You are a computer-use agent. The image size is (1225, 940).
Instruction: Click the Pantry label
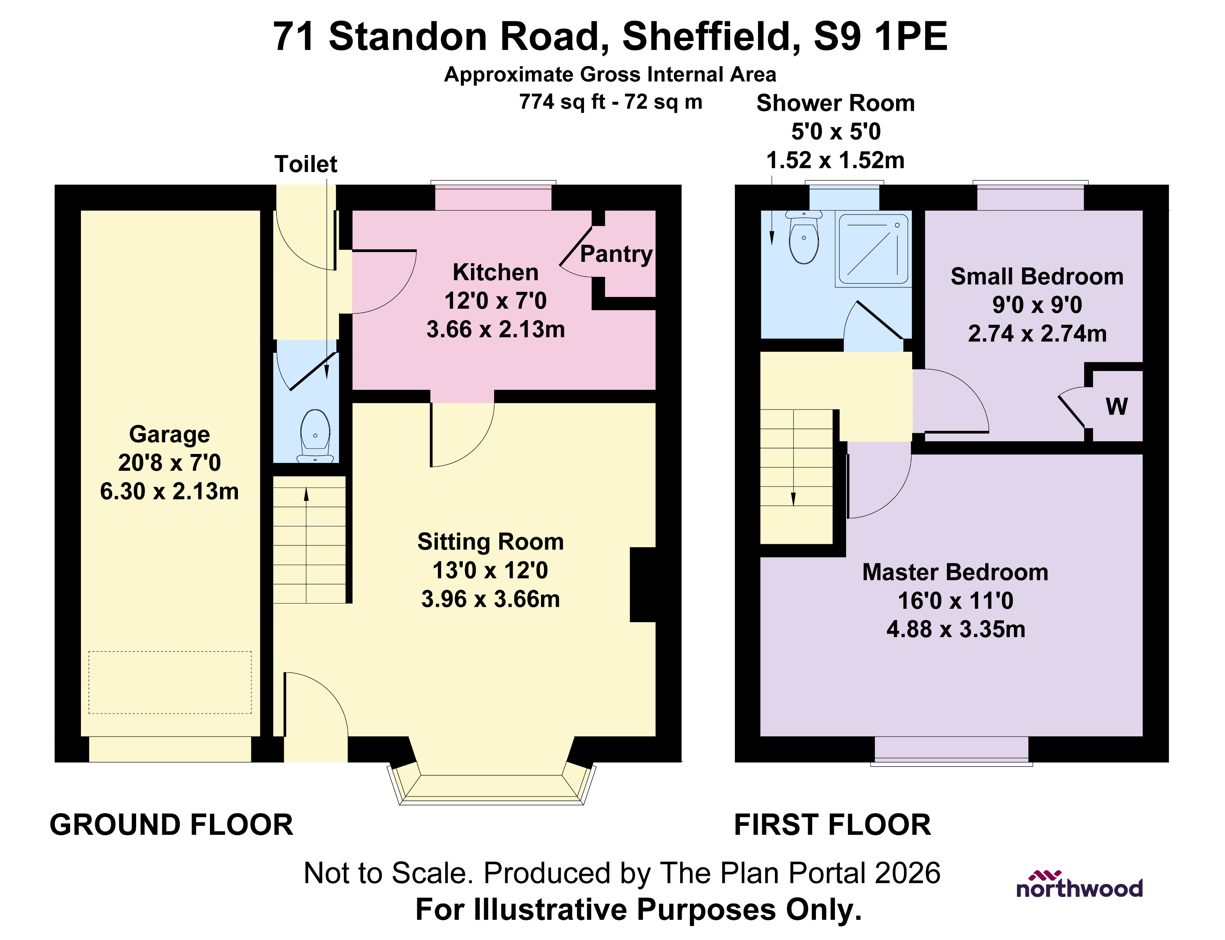coord(616,254)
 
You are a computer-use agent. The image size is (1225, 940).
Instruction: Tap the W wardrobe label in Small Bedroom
coord(1116,407)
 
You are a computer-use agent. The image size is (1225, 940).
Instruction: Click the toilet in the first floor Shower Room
coord(804,239)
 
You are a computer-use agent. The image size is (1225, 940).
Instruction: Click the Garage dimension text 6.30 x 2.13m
coord(169,491)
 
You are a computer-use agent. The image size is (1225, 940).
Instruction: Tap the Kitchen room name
coord(496,272)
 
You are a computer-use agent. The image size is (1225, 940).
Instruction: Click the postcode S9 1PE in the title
coord(880,37)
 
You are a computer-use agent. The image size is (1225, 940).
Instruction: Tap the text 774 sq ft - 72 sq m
coord(610,102)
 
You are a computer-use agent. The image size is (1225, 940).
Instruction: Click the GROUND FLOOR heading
coord(171,825)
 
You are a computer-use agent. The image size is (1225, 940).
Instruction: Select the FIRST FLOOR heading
coord(832,825)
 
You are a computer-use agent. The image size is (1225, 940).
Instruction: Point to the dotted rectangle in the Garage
coord(170,682)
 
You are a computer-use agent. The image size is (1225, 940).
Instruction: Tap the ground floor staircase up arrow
coord(306,495)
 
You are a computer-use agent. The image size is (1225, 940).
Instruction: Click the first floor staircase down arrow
coord(793,498)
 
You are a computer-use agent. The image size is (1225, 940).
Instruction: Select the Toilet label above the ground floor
coord(306,164)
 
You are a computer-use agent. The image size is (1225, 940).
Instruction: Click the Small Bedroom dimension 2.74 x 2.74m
coord(1037,333)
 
